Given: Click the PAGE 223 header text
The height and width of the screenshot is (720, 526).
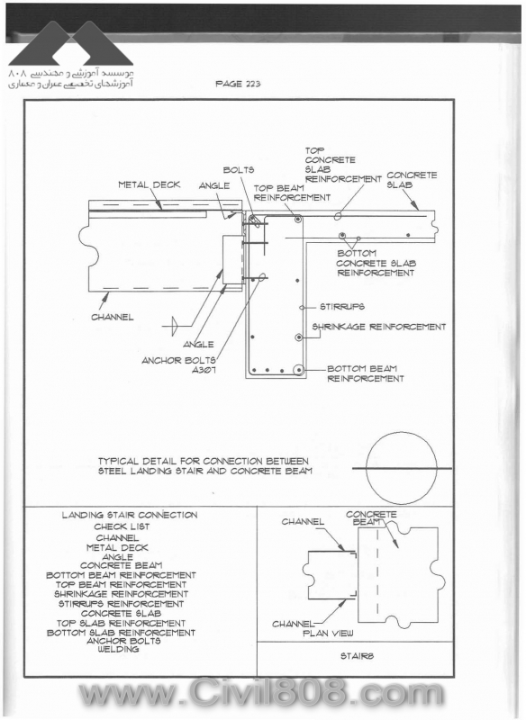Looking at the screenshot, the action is point(238,84).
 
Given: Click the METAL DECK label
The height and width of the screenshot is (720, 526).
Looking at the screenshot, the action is point(150,184).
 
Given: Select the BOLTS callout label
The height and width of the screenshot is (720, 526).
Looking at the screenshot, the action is point(239,170).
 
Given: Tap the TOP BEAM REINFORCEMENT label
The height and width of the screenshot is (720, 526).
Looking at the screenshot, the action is point(292,193).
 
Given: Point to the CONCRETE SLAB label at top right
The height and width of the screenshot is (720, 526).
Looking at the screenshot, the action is point(412,180).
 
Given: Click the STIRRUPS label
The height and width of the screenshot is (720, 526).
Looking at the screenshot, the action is point(342,307).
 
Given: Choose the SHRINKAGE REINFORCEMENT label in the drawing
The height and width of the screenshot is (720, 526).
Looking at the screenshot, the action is point(379,327).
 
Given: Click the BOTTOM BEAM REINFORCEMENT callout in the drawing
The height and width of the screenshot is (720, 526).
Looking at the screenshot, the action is point(366,373).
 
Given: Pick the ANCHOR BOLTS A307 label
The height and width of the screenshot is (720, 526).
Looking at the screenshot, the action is point(178,365).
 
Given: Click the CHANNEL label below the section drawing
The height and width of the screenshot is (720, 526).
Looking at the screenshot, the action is point(113,318).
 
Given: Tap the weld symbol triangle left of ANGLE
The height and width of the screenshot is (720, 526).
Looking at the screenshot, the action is point(174,326).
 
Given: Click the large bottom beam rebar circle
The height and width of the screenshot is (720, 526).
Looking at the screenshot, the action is point(299,370).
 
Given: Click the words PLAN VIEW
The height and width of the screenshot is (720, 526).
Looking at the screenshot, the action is point(328,634).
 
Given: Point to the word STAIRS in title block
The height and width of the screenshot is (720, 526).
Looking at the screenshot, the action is point(357,656).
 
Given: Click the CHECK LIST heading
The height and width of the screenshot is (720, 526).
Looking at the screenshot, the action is point(122,526).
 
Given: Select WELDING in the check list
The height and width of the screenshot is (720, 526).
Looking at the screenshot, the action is point(118,649).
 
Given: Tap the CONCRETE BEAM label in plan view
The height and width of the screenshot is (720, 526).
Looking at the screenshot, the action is point(371,518).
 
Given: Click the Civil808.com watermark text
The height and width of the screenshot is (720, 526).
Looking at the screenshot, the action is point(261,694).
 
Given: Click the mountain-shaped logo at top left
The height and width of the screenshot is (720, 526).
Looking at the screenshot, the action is point(71,43).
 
